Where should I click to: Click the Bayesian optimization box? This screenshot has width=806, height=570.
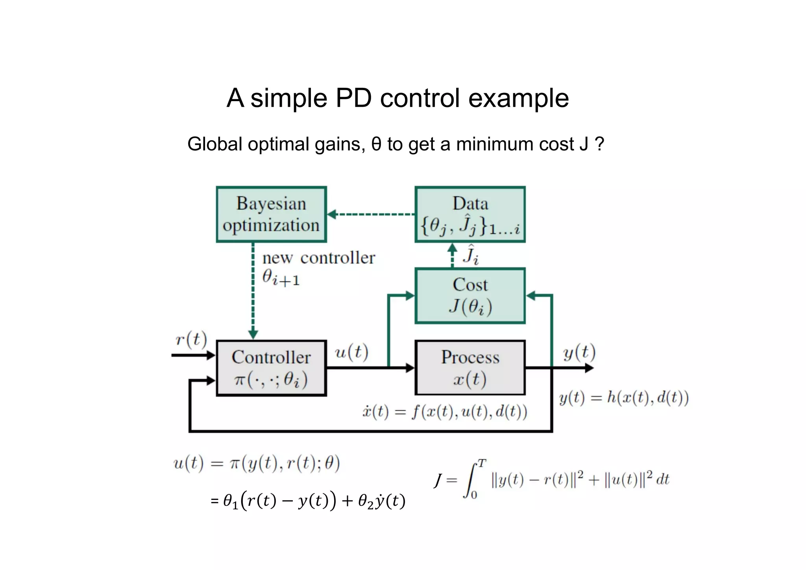(x=271, y=214)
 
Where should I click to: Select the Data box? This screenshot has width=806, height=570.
(x=470, y=214)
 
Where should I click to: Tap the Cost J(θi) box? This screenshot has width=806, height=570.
(x=470, y=296)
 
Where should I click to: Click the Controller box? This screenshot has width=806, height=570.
(x=271, y=368)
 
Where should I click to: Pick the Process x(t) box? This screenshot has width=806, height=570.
(x=470, y=368)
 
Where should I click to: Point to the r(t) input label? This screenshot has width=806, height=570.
(x=191, y=339)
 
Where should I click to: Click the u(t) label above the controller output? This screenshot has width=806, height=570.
(x=351, y=352)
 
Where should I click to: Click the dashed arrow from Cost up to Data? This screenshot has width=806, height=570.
(x=453, y=255)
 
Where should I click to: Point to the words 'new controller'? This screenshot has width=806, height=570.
(x=318, y=258)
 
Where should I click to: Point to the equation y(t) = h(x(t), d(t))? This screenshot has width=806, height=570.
(x=624, y=398)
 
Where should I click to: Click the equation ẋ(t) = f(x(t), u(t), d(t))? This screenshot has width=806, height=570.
(x=444, y=412)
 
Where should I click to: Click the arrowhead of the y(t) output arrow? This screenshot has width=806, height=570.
(x=589, y=368)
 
